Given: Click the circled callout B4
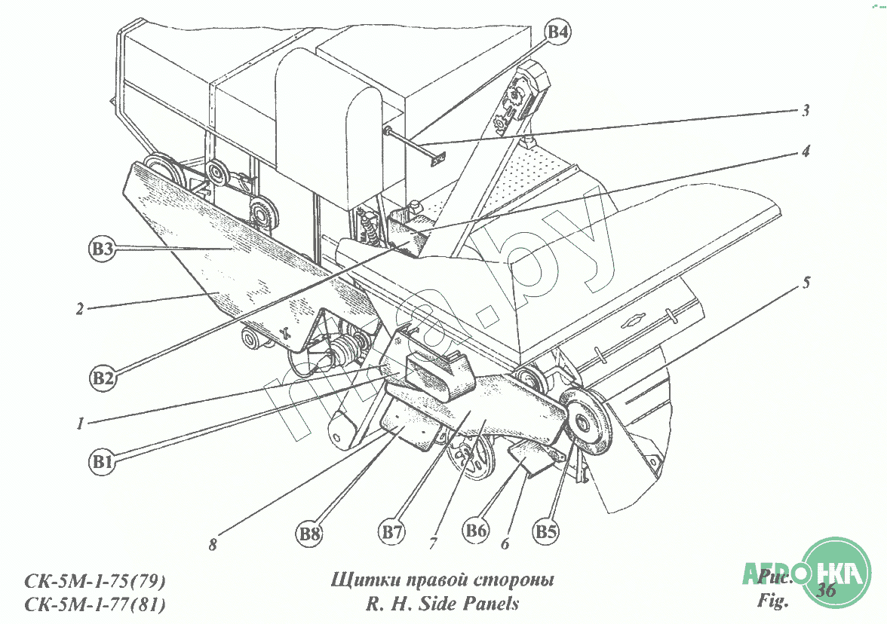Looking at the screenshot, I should click(558, 32).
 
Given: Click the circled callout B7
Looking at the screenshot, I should click(391, 531).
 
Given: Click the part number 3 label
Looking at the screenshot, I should click(806, 111).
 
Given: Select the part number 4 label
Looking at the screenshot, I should click(806, 151).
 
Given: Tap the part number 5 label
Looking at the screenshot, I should click(806, 283).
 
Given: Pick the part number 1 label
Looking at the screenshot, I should click(79, 424).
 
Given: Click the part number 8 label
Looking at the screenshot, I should click(213, 545).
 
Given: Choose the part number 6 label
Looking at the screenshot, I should click(505, 543).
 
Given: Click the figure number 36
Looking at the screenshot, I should click(827, 590).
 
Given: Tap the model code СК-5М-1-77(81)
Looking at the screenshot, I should click(95, 604).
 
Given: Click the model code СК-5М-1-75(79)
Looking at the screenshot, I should click(95, 582).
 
